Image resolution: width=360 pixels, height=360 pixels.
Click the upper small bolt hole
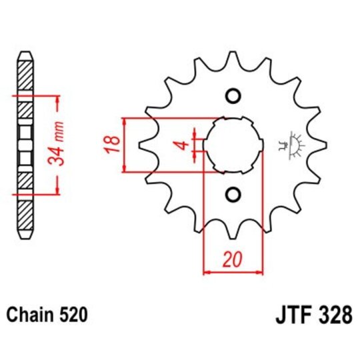click(233, 96)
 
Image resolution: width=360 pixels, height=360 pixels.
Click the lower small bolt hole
click(233, 194)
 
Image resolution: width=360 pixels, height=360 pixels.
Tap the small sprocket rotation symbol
click(291, 145)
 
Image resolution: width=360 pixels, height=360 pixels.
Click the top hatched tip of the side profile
click(25, 63)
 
